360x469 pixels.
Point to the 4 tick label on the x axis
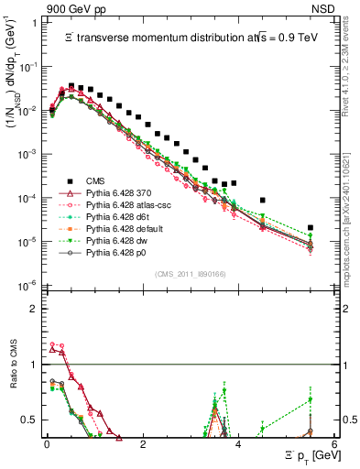(x=238, y=443)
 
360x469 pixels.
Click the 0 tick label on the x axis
(x=47, y=443)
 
